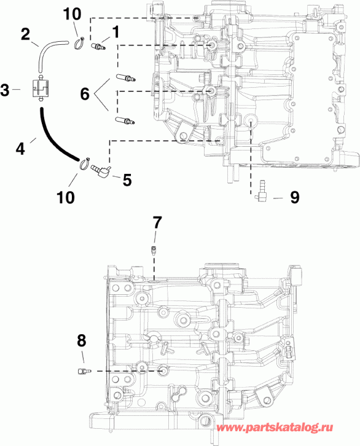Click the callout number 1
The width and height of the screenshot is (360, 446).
114,30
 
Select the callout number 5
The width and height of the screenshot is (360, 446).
127,179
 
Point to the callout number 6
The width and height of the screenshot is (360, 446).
85,94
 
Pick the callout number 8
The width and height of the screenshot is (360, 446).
82,340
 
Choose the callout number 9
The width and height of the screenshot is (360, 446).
294,197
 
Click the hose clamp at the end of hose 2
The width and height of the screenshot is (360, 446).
80,42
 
